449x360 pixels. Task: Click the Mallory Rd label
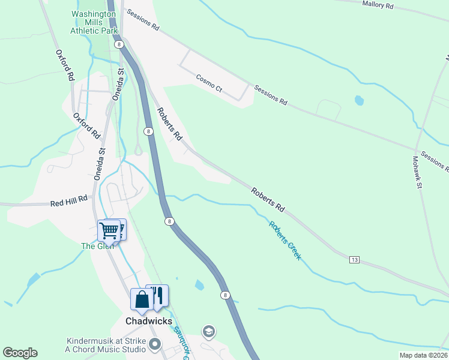(378, 5)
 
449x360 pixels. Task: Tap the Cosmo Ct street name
(209, 83)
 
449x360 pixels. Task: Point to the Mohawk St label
(418, 173)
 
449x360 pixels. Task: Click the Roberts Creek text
(285, 241)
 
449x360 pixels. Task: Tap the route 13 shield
(354, 259)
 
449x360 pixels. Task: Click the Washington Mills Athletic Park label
(93, 22)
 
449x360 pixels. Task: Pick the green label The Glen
(97, 245)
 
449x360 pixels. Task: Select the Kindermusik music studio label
(106, 345)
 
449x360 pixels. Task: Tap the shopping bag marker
(142, 300)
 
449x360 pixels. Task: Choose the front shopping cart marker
(109, 230)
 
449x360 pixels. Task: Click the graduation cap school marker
(208, 332)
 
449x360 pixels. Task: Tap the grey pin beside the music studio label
(155, 344)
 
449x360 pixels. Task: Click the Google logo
(20, 353)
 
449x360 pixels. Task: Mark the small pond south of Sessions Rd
(359, 100)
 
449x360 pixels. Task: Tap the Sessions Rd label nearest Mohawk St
(434, 159)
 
